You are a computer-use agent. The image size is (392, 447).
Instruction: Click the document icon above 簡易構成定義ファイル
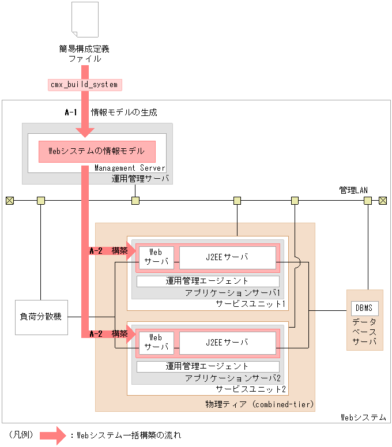click(84, 21)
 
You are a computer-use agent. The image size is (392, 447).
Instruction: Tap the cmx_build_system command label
click(84, 84)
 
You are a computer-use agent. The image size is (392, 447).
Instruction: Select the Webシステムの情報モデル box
click(97, 152)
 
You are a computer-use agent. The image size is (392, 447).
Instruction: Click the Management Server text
click(130, 168)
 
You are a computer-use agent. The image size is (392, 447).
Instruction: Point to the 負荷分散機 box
click(41, 317)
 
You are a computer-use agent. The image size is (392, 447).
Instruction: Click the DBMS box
click(364, 309)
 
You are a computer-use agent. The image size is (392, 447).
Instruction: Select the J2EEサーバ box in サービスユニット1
click(227, 257)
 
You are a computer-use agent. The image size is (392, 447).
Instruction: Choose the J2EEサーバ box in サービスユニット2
click(227, 343)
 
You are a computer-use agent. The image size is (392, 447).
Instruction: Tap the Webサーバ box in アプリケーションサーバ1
click(156, 257)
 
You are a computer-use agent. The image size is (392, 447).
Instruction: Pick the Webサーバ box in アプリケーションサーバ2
click(156, 343)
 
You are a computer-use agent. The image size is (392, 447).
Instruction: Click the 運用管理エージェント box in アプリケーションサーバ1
click(208, 281)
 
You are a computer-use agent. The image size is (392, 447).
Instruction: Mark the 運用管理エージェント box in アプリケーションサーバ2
click(208, 366)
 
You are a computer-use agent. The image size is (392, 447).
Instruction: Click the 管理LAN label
click(353, 189)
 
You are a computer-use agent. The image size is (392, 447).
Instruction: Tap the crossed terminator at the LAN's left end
click(9, 201)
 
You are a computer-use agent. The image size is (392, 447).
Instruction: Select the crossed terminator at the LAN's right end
click(383, 201)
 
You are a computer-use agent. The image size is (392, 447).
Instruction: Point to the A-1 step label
click(71, 112)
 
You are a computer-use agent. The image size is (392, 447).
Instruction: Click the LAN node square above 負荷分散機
click(41, 201)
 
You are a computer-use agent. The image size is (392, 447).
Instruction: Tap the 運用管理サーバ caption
click(141, 179)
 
